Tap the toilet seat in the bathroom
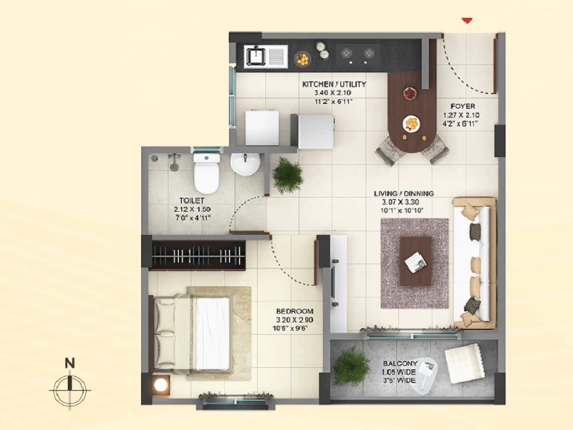[206, 173]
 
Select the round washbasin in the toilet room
[245, 164]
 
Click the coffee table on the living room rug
[415, 261]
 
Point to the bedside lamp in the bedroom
[160, 385]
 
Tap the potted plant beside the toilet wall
[288, 175]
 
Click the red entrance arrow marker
[467, 21]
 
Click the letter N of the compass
[69, 363]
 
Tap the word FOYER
[463, 106]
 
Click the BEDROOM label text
[294, 311]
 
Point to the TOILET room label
[191, 201]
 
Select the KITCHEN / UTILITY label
[334, 84]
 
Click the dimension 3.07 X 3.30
[400, 202]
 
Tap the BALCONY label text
[400, 364]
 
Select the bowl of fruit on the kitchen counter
[302, 59]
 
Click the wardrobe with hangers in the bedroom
[198, 255]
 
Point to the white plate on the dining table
[411, 124]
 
